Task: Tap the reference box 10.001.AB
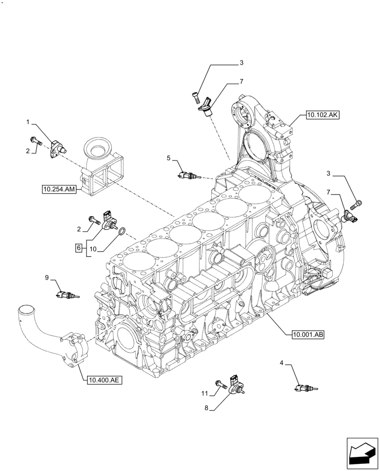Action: click(x=308, y=335)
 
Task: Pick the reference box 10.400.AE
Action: click(x=104, y=378)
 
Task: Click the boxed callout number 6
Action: click(x=79, y=247)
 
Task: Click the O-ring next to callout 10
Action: click(x=121, y=231)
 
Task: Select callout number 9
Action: click(x=47, y=278)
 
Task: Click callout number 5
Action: click(x=168, y=158)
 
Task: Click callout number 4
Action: click(x=282, y=363)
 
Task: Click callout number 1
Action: click(x=28, y=122)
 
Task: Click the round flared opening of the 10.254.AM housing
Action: click(x=99, y=151)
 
